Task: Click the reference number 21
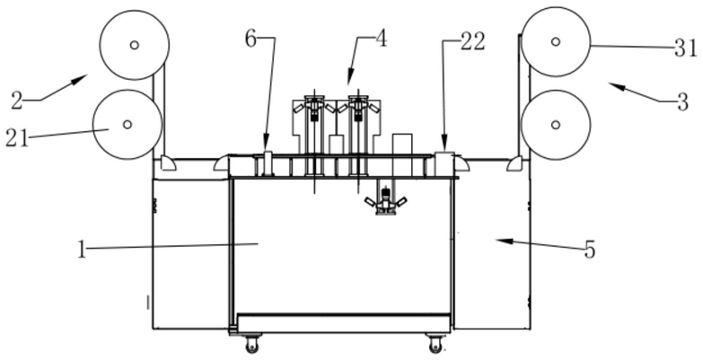pyautogui.click(x=16, y=138)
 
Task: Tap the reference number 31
pyautogui.click(x=686, y=48)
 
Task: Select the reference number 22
pyautogui.click(x=473, y=42)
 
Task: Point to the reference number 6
pyautogui.click(x=250, y=39)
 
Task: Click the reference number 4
pyautogui.click(x=381, y=39)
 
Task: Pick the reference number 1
pyautogui.click(x=81, y=250)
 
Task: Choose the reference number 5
pyautogui.click(x=590, y=250)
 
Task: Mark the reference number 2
pyautogui.click(x=16, y=101)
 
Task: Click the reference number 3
pyautogui.click(x=682, y=102)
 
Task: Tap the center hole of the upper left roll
pyautogui.click(x=134, y=45)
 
